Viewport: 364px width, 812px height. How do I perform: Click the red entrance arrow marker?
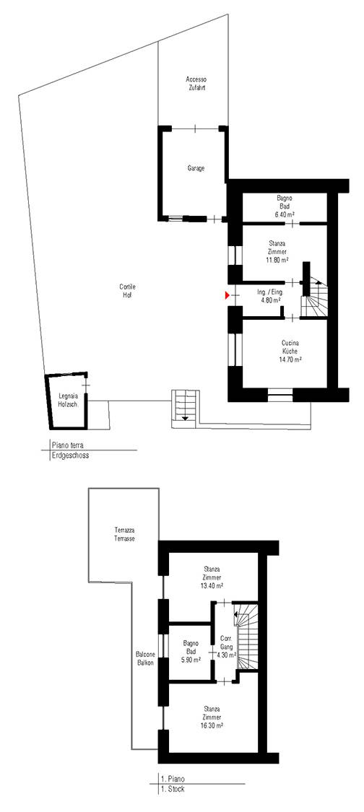pyautogui.click(x=227, y=295)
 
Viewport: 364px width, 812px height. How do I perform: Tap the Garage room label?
pyautogui.click(x=196, y=168)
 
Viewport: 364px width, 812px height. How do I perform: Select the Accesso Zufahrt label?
pyautogui.click(x=196, y=84)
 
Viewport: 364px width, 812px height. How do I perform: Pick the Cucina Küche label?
pyautogui.click(x=291, y=346)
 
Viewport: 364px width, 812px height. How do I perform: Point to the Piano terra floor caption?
pyautogui.click(x=69, y=445)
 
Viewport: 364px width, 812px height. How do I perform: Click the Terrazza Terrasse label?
pyautogui.click(x=124, y=534)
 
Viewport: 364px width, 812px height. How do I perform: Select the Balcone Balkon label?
pyautogui.click(x=145, y=658)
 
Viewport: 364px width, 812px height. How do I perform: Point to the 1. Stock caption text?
pyautogui.click(x=172, y=789)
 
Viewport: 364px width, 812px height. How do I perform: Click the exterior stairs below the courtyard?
pyautogui.click(x=185, y=408)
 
